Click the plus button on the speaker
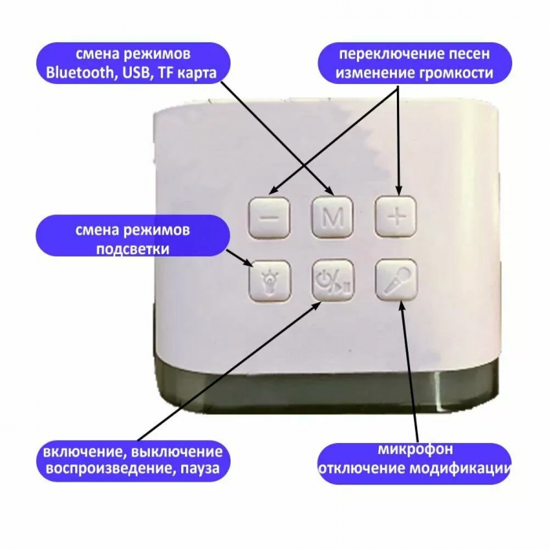point(397,216)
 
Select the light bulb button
point(270,280)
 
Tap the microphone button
point(396,279)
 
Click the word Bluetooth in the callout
point(79,73)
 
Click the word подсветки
point(133,249)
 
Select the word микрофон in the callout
point(415,450)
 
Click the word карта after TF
point(196,73)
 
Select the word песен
point(470,54)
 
